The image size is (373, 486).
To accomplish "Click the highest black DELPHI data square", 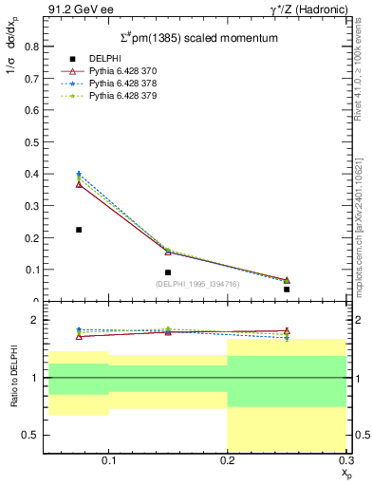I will click(79, 230).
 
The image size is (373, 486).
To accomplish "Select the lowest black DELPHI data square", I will click(287, 289).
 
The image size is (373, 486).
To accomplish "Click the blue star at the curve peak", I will click(79, 174).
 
